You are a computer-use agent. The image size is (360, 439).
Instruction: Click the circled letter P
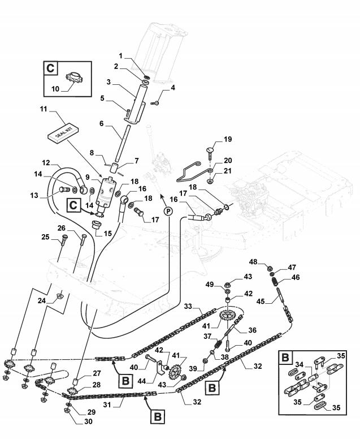click(x=168, y=211)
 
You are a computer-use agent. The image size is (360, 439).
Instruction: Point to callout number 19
click(x=228, y=139)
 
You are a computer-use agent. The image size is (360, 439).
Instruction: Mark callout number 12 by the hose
click(x=45, y=162)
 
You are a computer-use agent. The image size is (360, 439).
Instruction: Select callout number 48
click(x=254, y=262)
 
